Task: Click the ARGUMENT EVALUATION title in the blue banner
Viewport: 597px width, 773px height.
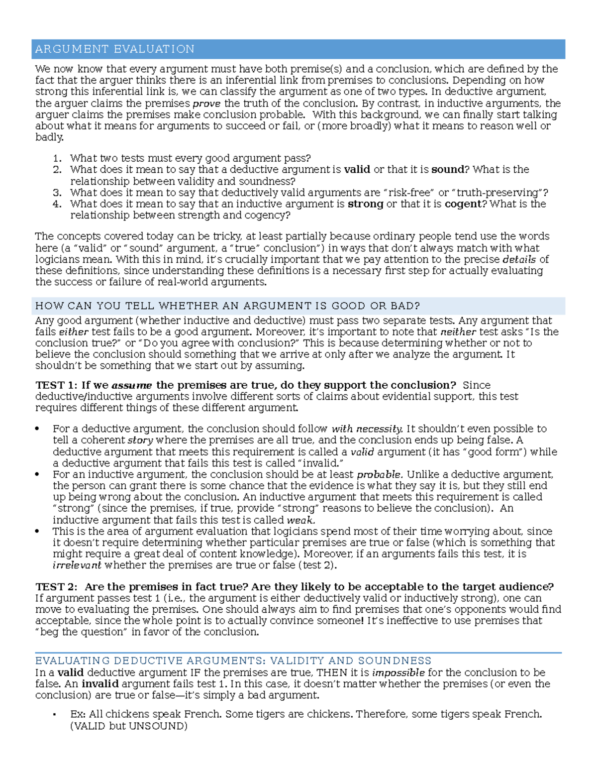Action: (x=114, y=49)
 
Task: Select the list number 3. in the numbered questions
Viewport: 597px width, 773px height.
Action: (x=57, y=193)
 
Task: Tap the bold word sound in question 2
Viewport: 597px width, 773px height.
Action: (x=447, y=170)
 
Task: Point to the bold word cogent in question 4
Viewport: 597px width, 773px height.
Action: (x=462, y=204)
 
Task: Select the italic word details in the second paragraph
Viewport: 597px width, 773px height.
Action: (x=519, y=259)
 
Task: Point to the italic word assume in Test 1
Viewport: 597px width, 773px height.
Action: (x=132, y=385)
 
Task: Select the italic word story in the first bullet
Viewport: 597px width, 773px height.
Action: (x=140, y=441)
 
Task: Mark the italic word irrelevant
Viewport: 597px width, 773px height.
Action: (x=77, y=565)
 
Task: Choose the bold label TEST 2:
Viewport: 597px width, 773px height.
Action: (x=56, y=587)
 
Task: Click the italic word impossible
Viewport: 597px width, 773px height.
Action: (x=398, y=672)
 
